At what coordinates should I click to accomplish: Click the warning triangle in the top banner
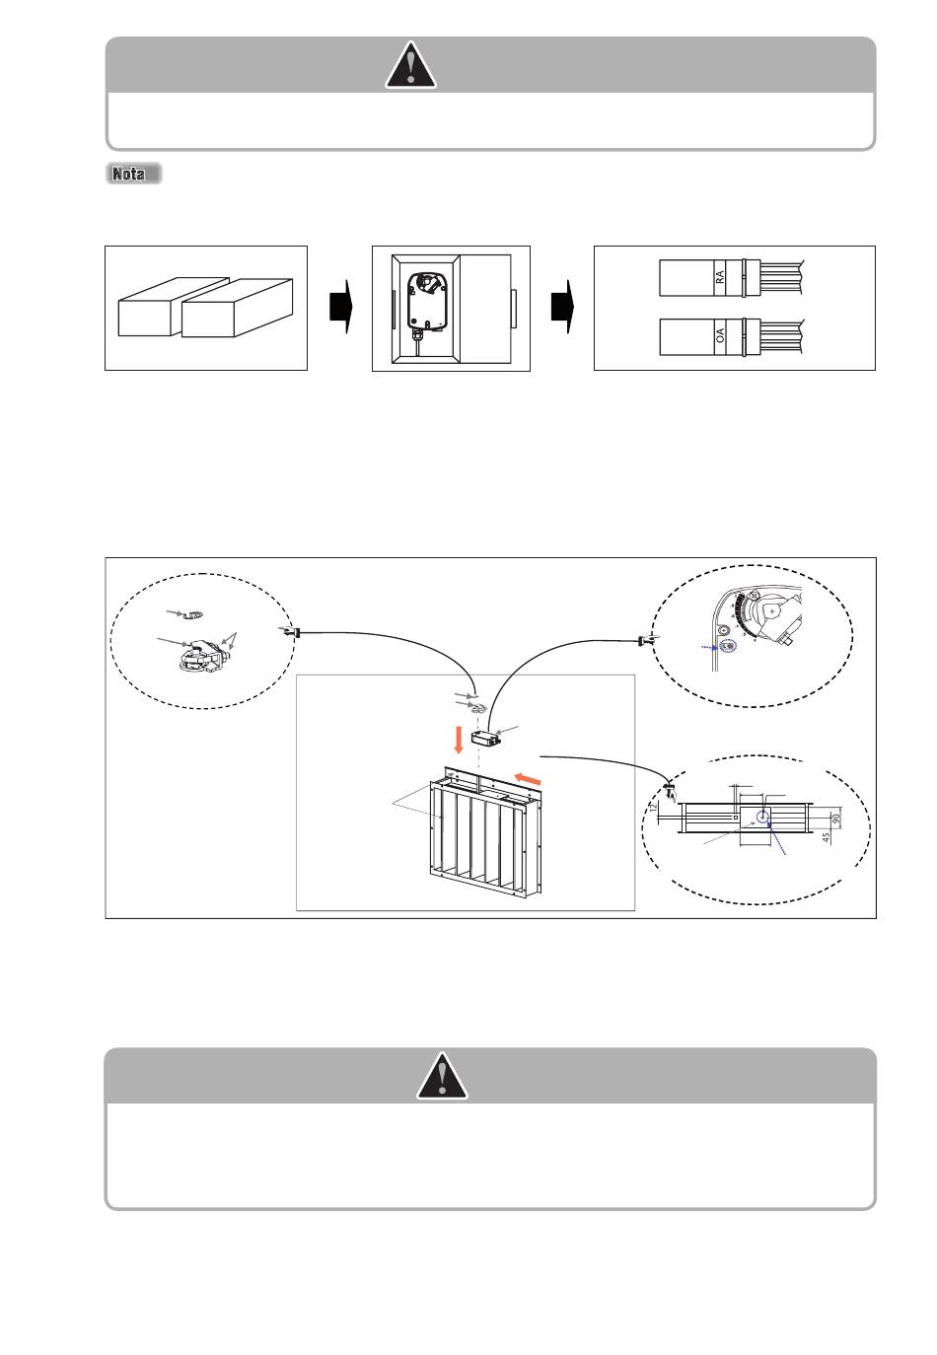pyautogui.click(x=410, y=66)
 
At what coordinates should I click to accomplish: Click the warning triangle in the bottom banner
pyautogui.click(x=442, y=1077)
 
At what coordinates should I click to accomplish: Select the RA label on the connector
pyautogui.click(x=720, y=277)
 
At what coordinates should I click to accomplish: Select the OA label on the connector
pyautogui.click(x=720, y=335)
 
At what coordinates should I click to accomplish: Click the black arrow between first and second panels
pyautogui.click(x=341, y=307)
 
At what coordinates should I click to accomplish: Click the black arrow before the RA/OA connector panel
pyautogui.click(x=563, y=307)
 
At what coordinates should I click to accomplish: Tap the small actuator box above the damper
pyautogui.click(x=485, y=737)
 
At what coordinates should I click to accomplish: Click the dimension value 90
pyautogui.click(x=836, y=818)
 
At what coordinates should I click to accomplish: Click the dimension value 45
pyautogui.click(x=826, y=836)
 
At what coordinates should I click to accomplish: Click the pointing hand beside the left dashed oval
pyautogui.click(x=289, y=630)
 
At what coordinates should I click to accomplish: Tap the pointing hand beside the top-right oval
pyautogui.click(x=646, y=641)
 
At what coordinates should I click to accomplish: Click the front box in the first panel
pyautogui.click(x=237, y=309)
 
